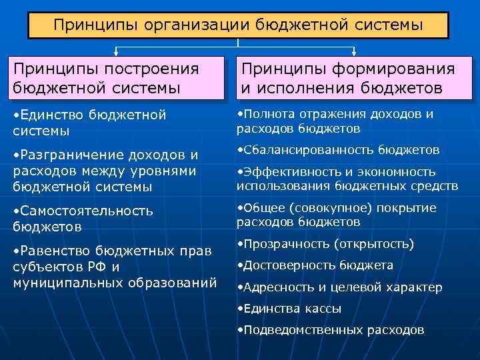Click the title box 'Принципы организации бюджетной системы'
(x=238, y=25)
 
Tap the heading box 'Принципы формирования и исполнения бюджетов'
(x=353, y=78)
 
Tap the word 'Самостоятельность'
(x=87, y=211)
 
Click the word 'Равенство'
(x=53, y=251)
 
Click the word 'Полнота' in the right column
(x=270, y=114)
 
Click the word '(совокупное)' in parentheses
(x=326, y=207)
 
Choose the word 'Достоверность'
(x=289, y=265)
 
